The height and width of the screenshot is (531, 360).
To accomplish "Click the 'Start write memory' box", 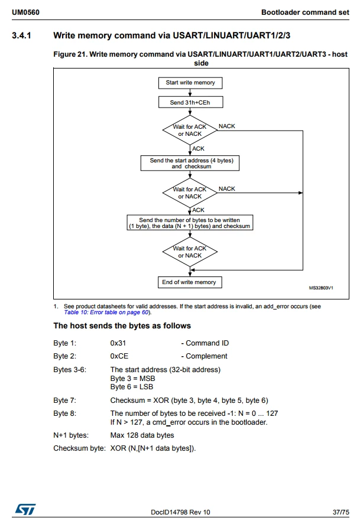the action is pos(190,83).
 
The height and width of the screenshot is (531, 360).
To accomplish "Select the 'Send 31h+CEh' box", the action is pos(190,102).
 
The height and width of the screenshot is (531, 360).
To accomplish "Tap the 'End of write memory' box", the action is pos(190,282).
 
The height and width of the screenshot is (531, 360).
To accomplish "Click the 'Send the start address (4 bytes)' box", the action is pos(190,163).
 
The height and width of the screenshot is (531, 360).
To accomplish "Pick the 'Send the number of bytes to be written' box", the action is pos(190,223).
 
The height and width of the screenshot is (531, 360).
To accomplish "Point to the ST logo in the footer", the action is pos(25,509).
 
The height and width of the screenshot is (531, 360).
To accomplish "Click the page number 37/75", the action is pos(340,512).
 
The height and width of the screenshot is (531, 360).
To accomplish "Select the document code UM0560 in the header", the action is pos(26,12).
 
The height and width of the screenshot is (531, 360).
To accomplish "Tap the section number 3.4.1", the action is pos(21,35).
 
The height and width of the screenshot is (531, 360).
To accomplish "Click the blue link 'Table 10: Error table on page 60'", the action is pos(107,312).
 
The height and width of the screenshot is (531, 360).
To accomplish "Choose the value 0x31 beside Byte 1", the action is pos(118,343).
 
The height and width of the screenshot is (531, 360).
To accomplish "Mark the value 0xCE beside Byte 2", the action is pos(119,356).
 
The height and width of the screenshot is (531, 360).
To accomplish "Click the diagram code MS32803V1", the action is pos(321,288).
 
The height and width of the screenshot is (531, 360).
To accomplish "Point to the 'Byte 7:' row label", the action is pos(65,400).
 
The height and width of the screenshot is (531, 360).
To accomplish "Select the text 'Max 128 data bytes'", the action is pos(142,435).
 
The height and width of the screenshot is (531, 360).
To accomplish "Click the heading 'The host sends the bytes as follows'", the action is pos(122,326).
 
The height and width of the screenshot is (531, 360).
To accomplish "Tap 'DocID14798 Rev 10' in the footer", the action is pos(180,512).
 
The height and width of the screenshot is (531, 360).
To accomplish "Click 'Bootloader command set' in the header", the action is pos(305,12).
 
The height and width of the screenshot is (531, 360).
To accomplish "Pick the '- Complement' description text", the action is pos(204,356).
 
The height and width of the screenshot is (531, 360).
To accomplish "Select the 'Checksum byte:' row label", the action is pos(79,449).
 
